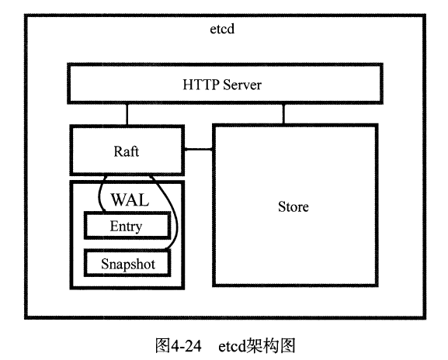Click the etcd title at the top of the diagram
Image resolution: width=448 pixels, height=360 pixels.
coord(223,31)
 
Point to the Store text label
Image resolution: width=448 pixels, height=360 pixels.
coord(293,206)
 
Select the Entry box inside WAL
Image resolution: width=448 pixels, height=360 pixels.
coord(127,226)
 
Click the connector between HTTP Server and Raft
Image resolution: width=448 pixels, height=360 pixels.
coord(127,115)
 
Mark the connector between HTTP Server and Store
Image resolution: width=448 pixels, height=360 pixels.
coord(283,115)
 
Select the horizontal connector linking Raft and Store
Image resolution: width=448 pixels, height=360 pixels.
coord(198,149)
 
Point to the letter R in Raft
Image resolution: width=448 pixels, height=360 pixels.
coord(116,151)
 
